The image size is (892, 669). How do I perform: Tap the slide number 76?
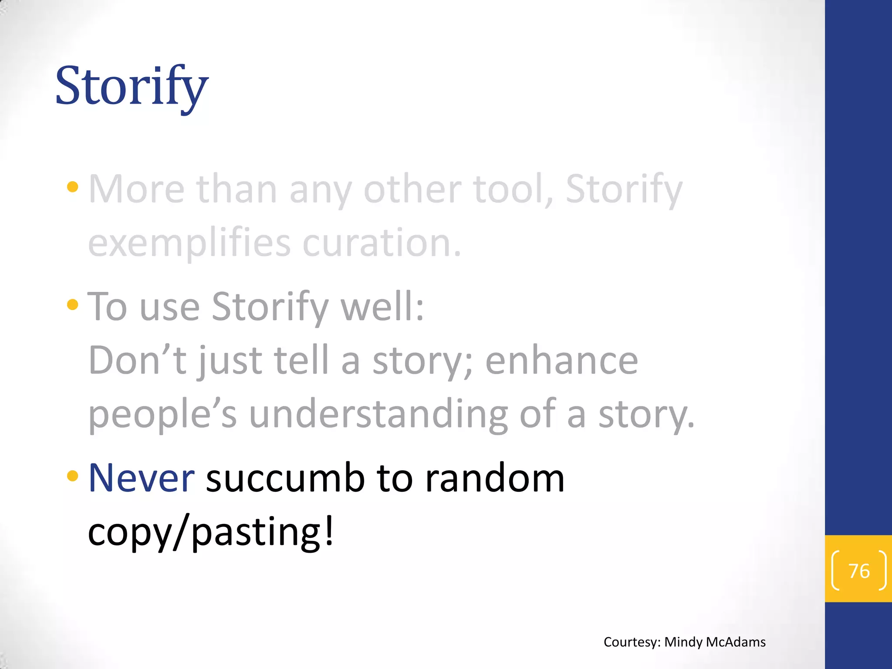859,571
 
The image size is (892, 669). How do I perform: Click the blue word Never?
141,478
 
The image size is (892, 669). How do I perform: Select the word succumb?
285,478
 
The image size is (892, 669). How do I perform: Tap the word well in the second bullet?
382,307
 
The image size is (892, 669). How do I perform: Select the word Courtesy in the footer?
632,642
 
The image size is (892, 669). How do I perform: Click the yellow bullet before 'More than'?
73,188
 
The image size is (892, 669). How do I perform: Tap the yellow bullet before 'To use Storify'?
73,304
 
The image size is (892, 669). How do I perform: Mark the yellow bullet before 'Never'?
73,476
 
